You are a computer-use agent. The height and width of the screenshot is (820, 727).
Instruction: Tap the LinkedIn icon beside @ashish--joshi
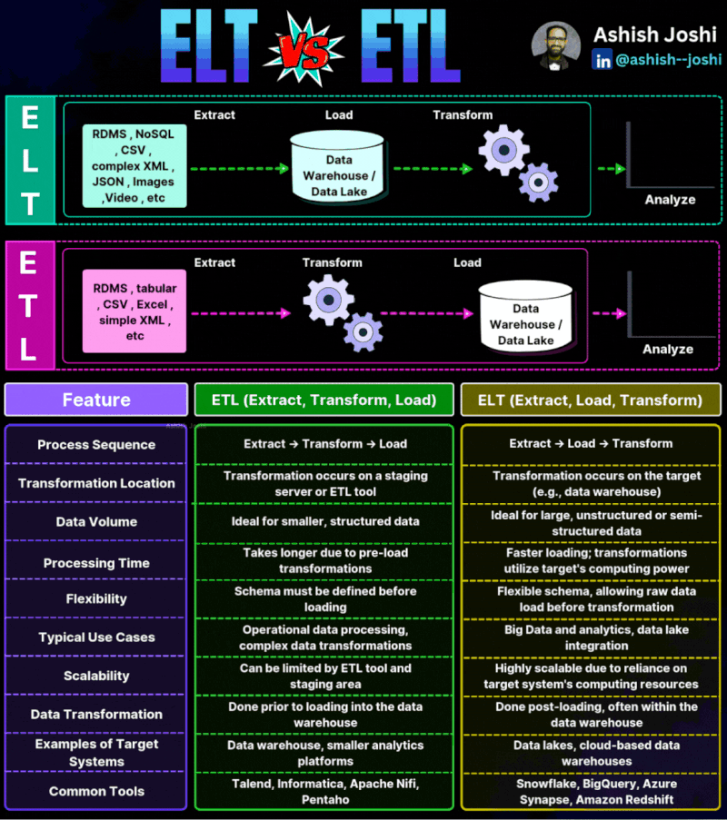coord(602,60)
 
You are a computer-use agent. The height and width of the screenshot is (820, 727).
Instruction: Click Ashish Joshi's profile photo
coord(556,45)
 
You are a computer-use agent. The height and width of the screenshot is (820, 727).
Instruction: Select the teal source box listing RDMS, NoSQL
coord(134,166)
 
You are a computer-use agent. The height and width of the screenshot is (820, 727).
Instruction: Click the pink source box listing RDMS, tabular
coord(134,311)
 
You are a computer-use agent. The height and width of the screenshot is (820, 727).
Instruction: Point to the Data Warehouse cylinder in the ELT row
coord(337,167)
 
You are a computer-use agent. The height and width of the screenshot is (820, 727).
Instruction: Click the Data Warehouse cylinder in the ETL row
coord(526,316)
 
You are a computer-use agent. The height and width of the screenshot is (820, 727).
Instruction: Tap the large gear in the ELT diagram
coord(503,150)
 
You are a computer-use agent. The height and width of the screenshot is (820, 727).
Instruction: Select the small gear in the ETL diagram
coord(363,332)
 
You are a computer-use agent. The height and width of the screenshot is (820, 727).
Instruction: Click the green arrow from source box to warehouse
coord(240,168)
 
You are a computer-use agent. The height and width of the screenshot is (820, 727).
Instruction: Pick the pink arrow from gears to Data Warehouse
coord(426,313)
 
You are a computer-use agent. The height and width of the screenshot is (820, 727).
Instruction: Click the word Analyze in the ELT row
coord(670,200)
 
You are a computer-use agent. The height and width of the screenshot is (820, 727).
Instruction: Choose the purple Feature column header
coord(96,400)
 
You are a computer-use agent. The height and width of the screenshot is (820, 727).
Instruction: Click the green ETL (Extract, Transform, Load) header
coord(324,400)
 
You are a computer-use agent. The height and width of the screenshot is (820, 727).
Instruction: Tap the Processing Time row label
coord(96,563)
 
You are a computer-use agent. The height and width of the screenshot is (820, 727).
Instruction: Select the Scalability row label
coord(96,676)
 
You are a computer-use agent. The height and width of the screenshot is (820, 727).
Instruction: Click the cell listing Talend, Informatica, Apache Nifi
coord(325,791)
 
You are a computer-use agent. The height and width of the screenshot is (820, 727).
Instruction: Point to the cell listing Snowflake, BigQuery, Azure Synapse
coord(596,791)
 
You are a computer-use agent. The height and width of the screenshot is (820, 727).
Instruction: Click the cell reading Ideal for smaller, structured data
coord(325,521)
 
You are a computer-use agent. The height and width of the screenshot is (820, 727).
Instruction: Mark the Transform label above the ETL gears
coord(332,262)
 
